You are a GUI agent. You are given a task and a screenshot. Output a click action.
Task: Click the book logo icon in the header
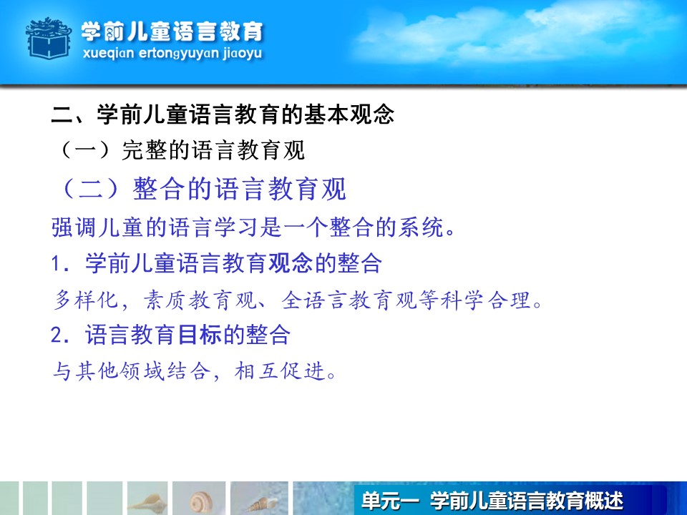coord(48,38)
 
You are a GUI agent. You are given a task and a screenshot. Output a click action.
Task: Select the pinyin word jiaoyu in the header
coord(242,54)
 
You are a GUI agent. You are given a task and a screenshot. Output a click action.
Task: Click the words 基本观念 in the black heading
coord(349,114)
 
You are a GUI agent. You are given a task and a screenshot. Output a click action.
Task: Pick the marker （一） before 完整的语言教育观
coord(85,150)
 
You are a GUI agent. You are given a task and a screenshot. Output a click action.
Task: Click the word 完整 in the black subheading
coord(144,150)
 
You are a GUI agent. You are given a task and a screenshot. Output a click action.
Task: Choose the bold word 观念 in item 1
coord(291,263)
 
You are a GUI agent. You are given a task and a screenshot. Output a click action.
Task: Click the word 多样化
coord(85,300)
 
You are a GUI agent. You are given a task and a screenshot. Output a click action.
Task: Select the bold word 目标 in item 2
coord(200,335)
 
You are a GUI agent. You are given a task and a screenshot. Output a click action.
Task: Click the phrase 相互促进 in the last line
coord(280,371)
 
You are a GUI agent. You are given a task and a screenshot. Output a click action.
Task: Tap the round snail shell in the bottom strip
coord(201,501)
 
